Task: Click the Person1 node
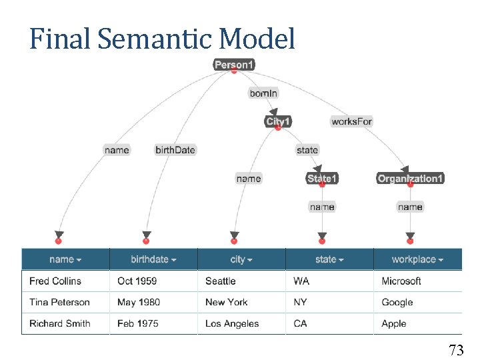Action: (x=234, y=65)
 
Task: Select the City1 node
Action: (x=278, y=121)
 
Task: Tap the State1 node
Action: (x=322, y=179)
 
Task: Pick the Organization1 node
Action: (x=410, y=179)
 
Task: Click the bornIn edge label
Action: (x=263, y=93)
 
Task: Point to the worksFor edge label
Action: (x=351, y=121)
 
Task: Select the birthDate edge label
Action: (x=175, y=150)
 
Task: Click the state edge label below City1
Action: (x=307, y=150)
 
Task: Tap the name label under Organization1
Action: (x=410, y=207)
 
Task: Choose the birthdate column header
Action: (x=153, y=259)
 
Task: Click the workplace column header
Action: (x=417, y=259)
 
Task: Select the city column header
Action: (x=241, y=259)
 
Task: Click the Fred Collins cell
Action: (x=55, y=281)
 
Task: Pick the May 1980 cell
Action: (x=139, y=302)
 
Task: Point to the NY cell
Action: (x=301, y=302)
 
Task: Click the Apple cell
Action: (x=394, y=323)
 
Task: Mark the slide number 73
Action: (x=456, y=349)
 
